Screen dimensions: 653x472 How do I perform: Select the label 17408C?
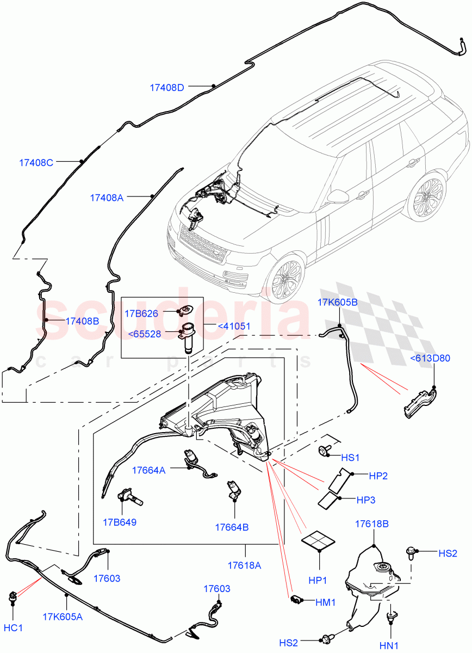point(35,162)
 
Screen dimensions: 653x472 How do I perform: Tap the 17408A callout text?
point(107,198)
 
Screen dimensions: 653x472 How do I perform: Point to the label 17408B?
point(82,321)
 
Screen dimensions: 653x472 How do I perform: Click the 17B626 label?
point(141,313)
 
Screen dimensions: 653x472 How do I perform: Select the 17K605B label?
point(338,303)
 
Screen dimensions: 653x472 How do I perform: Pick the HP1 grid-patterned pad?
point(320,542)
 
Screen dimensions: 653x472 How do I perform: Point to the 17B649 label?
point(120,522)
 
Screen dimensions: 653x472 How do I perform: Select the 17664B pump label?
point(232,527)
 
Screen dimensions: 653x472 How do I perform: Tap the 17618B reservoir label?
point(371,524)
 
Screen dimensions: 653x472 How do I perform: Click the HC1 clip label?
point(13,627)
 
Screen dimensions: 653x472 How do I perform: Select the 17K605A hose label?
point(63,617)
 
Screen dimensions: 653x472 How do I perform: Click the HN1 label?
point(389,645)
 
